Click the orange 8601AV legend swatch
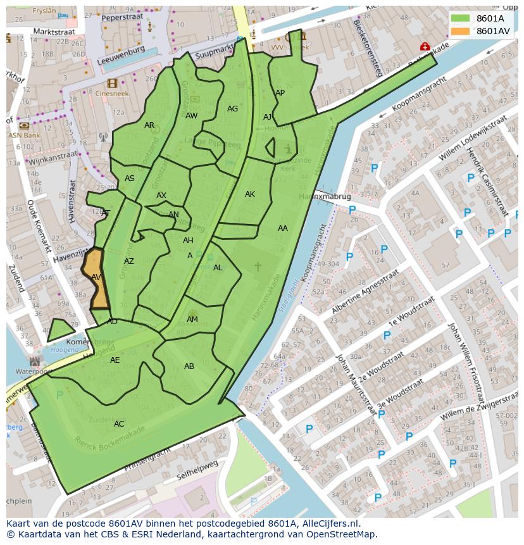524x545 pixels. click(x=460, y=31)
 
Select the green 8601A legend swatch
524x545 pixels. click(x=460, y=18)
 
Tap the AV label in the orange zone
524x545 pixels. click(x=96, y=277)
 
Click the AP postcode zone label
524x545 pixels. click(x=280, y=93)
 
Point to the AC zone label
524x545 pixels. click(x=119, y=424)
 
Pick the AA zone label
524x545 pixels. click(x=282, y=229)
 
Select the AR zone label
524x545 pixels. click(x=149, y=125)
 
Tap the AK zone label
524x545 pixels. click(x=250, y=194)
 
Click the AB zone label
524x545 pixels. click(x=189, y=366)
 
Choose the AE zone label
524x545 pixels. click(x=115, y=360)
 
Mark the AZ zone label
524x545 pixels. click(x=129, y=261)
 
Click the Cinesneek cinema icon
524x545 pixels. click(x=112, y=84)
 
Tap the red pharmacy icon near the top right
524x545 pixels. click(x=425, y=46)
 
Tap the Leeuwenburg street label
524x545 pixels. click(x=122, y=56)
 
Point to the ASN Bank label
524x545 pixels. click(x=24, y=135)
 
